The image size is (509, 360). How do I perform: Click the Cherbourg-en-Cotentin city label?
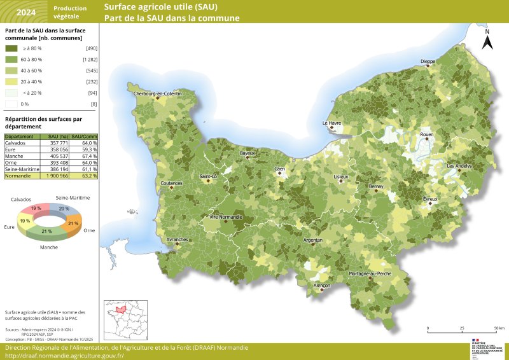pos(157,93)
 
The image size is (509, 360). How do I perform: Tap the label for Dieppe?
pos(428,62)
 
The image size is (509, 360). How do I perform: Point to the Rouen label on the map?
pos(426,135)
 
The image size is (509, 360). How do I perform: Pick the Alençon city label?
pos(322,286)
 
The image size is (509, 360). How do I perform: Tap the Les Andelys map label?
pos(459,166)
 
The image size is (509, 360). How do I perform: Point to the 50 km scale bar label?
pos(499,328)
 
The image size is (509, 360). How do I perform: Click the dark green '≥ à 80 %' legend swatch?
pos(11,48)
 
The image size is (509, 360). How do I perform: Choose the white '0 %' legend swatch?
pos(11,104)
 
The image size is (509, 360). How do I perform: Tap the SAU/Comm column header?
pos(84,137)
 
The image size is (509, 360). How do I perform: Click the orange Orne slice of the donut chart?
pos(73,224)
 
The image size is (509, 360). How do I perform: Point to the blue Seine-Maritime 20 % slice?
pos(65,209)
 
